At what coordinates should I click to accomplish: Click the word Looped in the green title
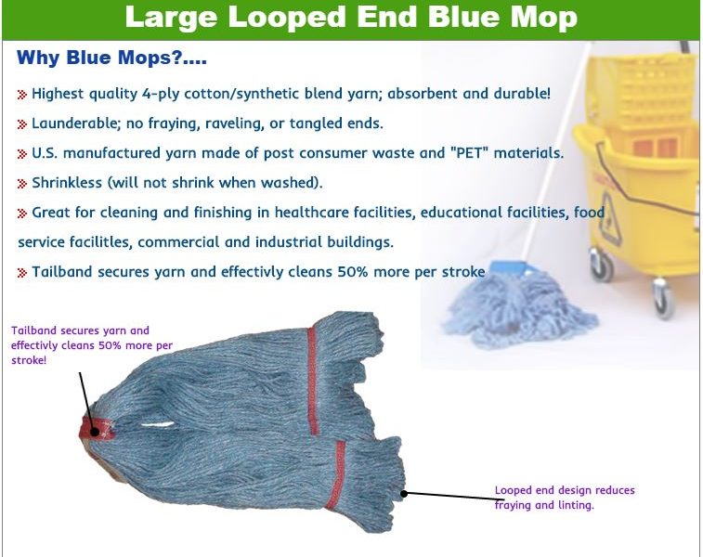287,18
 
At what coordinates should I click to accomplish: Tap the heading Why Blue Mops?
111,58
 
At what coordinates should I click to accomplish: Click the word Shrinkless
67,183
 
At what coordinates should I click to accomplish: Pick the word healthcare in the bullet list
312,213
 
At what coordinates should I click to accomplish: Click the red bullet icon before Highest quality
22,95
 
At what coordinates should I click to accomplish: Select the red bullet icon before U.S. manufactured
22,154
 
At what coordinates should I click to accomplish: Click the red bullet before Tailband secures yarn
22,272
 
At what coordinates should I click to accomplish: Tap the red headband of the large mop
97,429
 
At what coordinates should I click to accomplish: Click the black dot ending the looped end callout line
404,494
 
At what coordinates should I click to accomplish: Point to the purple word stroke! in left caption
29,361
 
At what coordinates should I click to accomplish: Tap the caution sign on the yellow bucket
609,218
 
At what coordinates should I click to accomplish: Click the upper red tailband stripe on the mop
313,381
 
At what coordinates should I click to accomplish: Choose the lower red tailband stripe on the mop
336,476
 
